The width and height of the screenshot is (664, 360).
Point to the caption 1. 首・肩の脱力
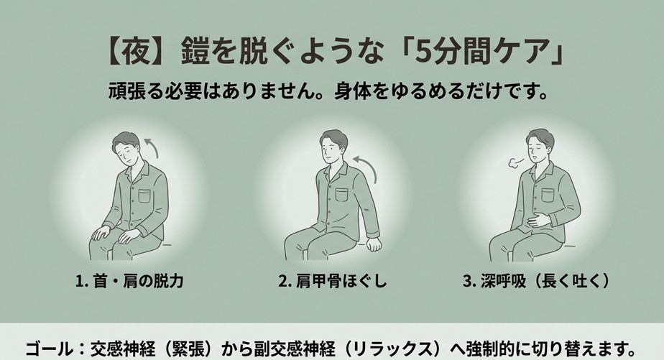(x=129, y=280)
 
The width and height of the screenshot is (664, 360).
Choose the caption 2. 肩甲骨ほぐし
(x=331, y=280)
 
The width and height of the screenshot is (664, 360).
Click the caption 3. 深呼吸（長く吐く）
(x=535, y=280)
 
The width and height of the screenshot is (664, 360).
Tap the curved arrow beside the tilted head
(x=150, y=147)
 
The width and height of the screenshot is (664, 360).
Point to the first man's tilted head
(x=126, y=149)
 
